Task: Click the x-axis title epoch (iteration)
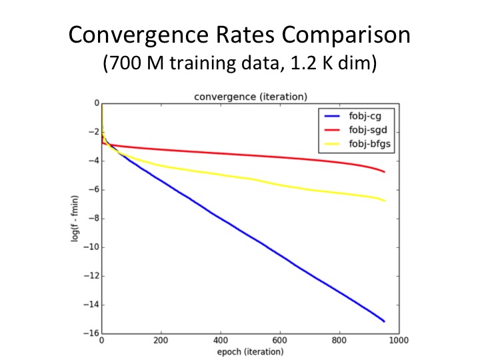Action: (250, 352)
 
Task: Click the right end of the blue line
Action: (384, 321)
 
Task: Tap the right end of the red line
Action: (384, 172)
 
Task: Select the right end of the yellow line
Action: (384, 201)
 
